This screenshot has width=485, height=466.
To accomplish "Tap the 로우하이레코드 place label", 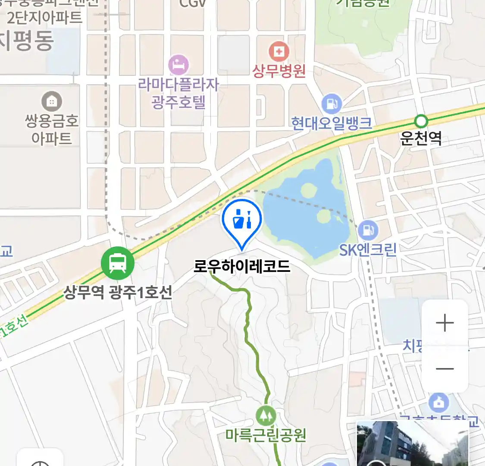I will tap(242, 266).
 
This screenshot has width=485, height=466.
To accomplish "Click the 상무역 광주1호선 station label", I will tap(118, 292).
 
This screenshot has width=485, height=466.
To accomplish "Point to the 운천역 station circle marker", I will tap(421, 121).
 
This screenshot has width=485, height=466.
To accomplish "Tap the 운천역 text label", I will tap(421, 138).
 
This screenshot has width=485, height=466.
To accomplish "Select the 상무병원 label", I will tap(279, 70).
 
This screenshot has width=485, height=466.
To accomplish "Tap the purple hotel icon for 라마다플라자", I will tap(178, 65).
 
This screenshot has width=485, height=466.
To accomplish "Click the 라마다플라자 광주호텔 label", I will tap(178, 93).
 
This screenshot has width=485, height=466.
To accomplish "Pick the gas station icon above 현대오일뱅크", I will tap(332, 104).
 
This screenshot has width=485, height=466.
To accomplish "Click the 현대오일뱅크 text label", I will tap(332, 123).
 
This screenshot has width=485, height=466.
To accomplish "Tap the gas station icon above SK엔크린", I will tap(368, 230).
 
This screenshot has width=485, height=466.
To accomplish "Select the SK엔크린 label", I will tap(368, 249).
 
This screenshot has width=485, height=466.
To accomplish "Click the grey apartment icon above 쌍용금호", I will tap(52, 102).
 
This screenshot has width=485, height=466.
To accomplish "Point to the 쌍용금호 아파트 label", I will tap(52, 129).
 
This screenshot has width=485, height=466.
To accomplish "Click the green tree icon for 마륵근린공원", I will tap(266, 416).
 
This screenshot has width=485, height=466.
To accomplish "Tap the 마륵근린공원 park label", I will tap(266, 435).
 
